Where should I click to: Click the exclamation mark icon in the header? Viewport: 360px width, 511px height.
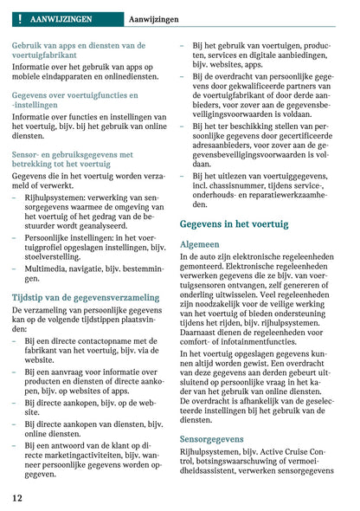(18, 17)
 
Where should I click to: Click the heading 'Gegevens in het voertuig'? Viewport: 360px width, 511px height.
(234, 223)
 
